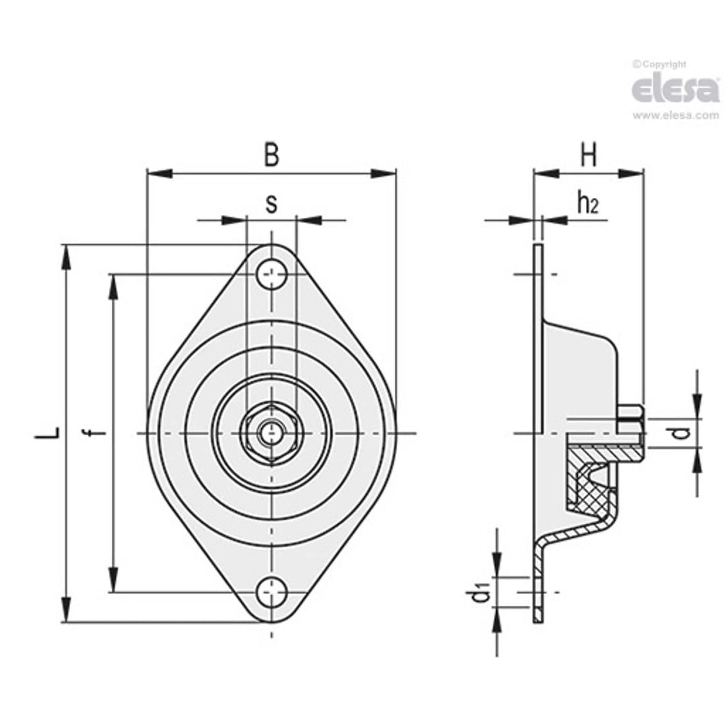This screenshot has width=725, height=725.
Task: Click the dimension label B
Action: click(272, 155)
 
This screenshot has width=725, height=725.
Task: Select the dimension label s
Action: click(271, 204)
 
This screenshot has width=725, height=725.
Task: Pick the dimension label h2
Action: click(587, 204)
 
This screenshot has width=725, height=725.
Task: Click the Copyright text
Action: click(662, 64)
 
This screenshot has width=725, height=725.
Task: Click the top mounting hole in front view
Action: click(272, 275)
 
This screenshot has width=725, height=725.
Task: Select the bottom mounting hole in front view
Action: click(272, 592)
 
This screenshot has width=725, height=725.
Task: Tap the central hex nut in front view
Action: click(272, 432)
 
